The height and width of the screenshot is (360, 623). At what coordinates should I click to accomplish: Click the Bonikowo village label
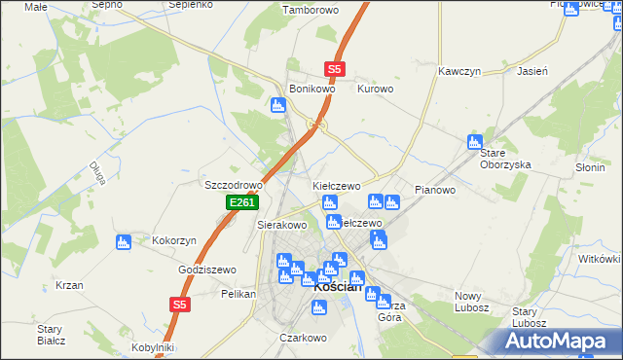pos(311,89)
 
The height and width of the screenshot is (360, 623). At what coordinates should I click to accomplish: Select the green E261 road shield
pos(241,202)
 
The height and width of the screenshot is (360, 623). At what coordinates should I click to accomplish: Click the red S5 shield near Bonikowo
pos(335,69)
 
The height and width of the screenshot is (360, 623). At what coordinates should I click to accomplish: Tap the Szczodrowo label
pos(234,185)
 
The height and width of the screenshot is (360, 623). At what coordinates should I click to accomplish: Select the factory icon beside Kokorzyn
pos(124,241)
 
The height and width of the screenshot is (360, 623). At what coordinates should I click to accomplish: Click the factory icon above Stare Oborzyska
pos(476,141)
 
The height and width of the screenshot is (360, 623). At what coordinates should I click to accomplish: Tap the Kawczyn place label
pos(460,72)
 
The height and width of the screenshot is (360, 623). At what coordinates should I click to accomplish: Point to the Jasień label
pos(532,72)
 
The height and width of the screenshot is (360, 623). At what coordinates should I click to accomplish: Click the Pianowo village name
pos(435,190)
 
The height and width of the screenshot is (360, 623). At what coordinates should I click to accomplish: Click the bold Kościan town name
pos(339,287)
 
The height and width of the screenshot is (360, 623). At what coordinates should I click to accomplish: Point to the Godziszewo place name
pos(207,270)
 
